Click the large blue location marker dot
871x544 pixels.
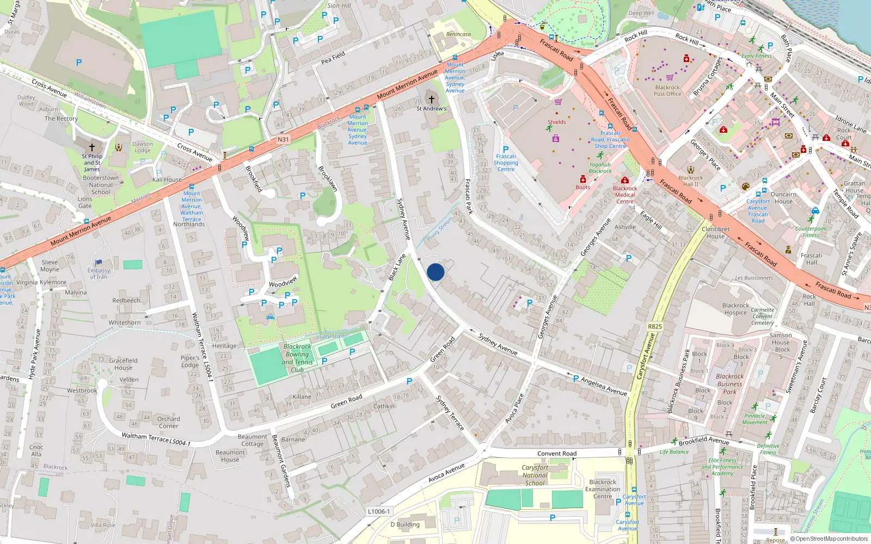coord(436,272)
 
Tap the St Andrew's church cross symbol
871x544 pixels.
coord(432,100)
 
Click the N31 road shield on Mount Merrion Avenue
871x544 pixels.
coord(283,140)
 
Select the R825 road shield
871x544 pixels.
coord(655,326)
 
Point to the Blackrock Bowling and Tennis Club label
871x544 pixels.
coord(297,358)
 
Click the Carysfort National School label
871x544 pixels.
coord(535,475)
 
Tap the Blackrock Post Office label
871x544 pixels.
coord(667,91)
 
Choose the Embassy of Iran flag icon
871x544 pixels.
coord(99,263)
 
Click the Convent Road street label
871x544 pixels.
coord(556,453)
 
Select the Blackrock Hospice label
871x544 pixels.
coord(735,309)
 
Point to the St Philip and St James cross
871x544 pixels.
coord(92,147)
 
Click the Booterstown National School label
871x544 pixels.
coord(101,185)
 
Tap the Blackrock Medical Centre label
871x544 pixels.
coord(625,195)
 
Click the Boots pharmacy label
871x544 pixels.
coord(582,187)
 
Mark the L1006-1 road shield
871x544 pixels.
coord(379,511)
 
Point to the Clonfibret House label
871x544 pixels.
coord(715,232)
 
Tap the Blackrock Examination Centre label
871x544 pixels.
coord(603,489)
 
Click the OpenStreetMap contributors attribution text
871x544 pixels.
coord(831,539)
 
